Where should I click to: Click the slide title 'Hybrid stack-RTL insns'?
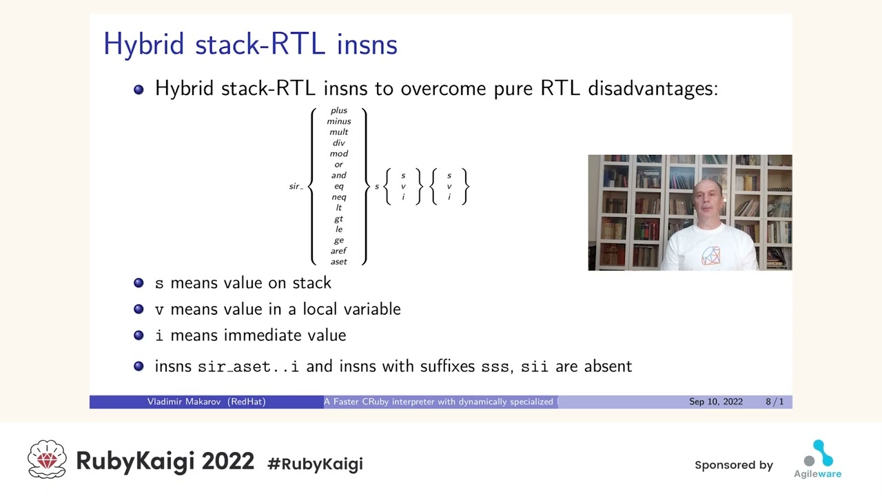pyautogui.click(x=250, y=44)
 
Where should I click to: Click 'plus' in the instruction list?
pyautogui.click(x=338, y=111)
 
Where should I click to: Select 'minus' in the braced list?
pyautogui.click(x=338, y=121)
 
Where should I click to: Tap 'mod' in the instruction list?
pyautogui.click(x=338, y=154)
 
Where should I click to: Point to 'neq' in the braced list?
pyautogui.click(x=338, y=197)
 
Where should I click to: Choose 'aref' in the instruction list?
pyautogui.click(x=338, y=251)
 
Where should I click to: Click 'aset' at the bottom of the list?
pyautogui.click(x=338, y=262)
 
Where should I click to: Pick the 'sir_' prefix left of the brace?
pyautogui.click(x=296, y=186)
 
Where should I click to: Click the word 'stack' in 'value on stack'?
pyautogui.click(x=311, y=283)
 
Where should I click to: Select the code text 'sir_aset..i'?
pyautogui.click(x=248, y=367)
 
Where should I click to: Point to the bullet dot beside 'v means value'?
pyautogui.click(x=139, y=309)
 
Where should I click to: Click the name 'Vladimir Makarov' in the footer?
pyautogui.click(x=184, y=402)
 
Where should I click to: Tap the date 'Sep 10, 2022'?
pyautogui.click(x=716, y=402)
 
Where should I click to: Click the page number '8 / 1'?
pyautogui.click(x=775, y=402)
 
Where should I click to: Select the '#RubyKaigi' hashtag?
pyautogui.click(x=315, y=464)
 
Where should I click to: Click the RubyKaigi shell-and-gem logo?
pyautogui.click(x=47, y=459)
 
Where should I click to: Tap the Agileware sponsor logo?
pyautogui.click(x=818, y=459)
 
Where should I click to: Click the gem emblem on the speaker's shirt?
pyautogui.click(x=710, y=256)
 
